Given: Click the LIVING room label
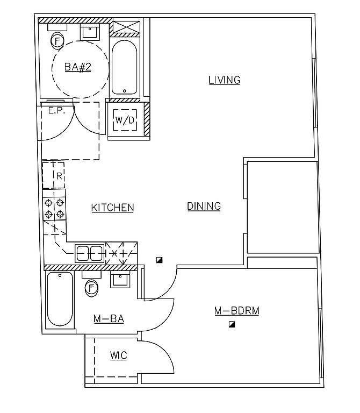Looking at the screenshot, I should (x=224, y=81).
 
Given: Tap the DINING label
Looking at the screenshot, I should (x=204, y=206).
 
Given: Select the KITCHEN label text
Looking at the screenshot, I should (x=112, y=208).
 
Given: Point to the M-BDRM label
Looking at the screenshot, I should (x=236, y=311).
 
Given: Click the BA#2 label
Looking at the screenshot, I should (x=77, y=67).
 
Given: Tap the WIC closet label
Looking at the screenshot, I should (x=118, y=356).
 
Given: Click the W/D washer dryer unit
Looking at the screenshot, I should (x=125, y=120).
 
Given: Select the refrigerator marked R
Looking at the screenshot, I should (x=54, y=175).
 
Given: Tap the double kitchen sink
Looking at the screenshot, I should (x=90, y=253).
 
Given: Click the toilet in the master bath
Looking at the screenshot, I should (x=92, y=287).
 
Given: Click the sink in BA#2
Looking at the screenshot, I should (x=89, y=32).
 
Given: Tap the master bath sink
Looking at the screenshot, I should (x=119, y=280).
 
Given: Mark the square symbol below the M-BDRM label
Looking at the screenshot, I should (x=232, y=325).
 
